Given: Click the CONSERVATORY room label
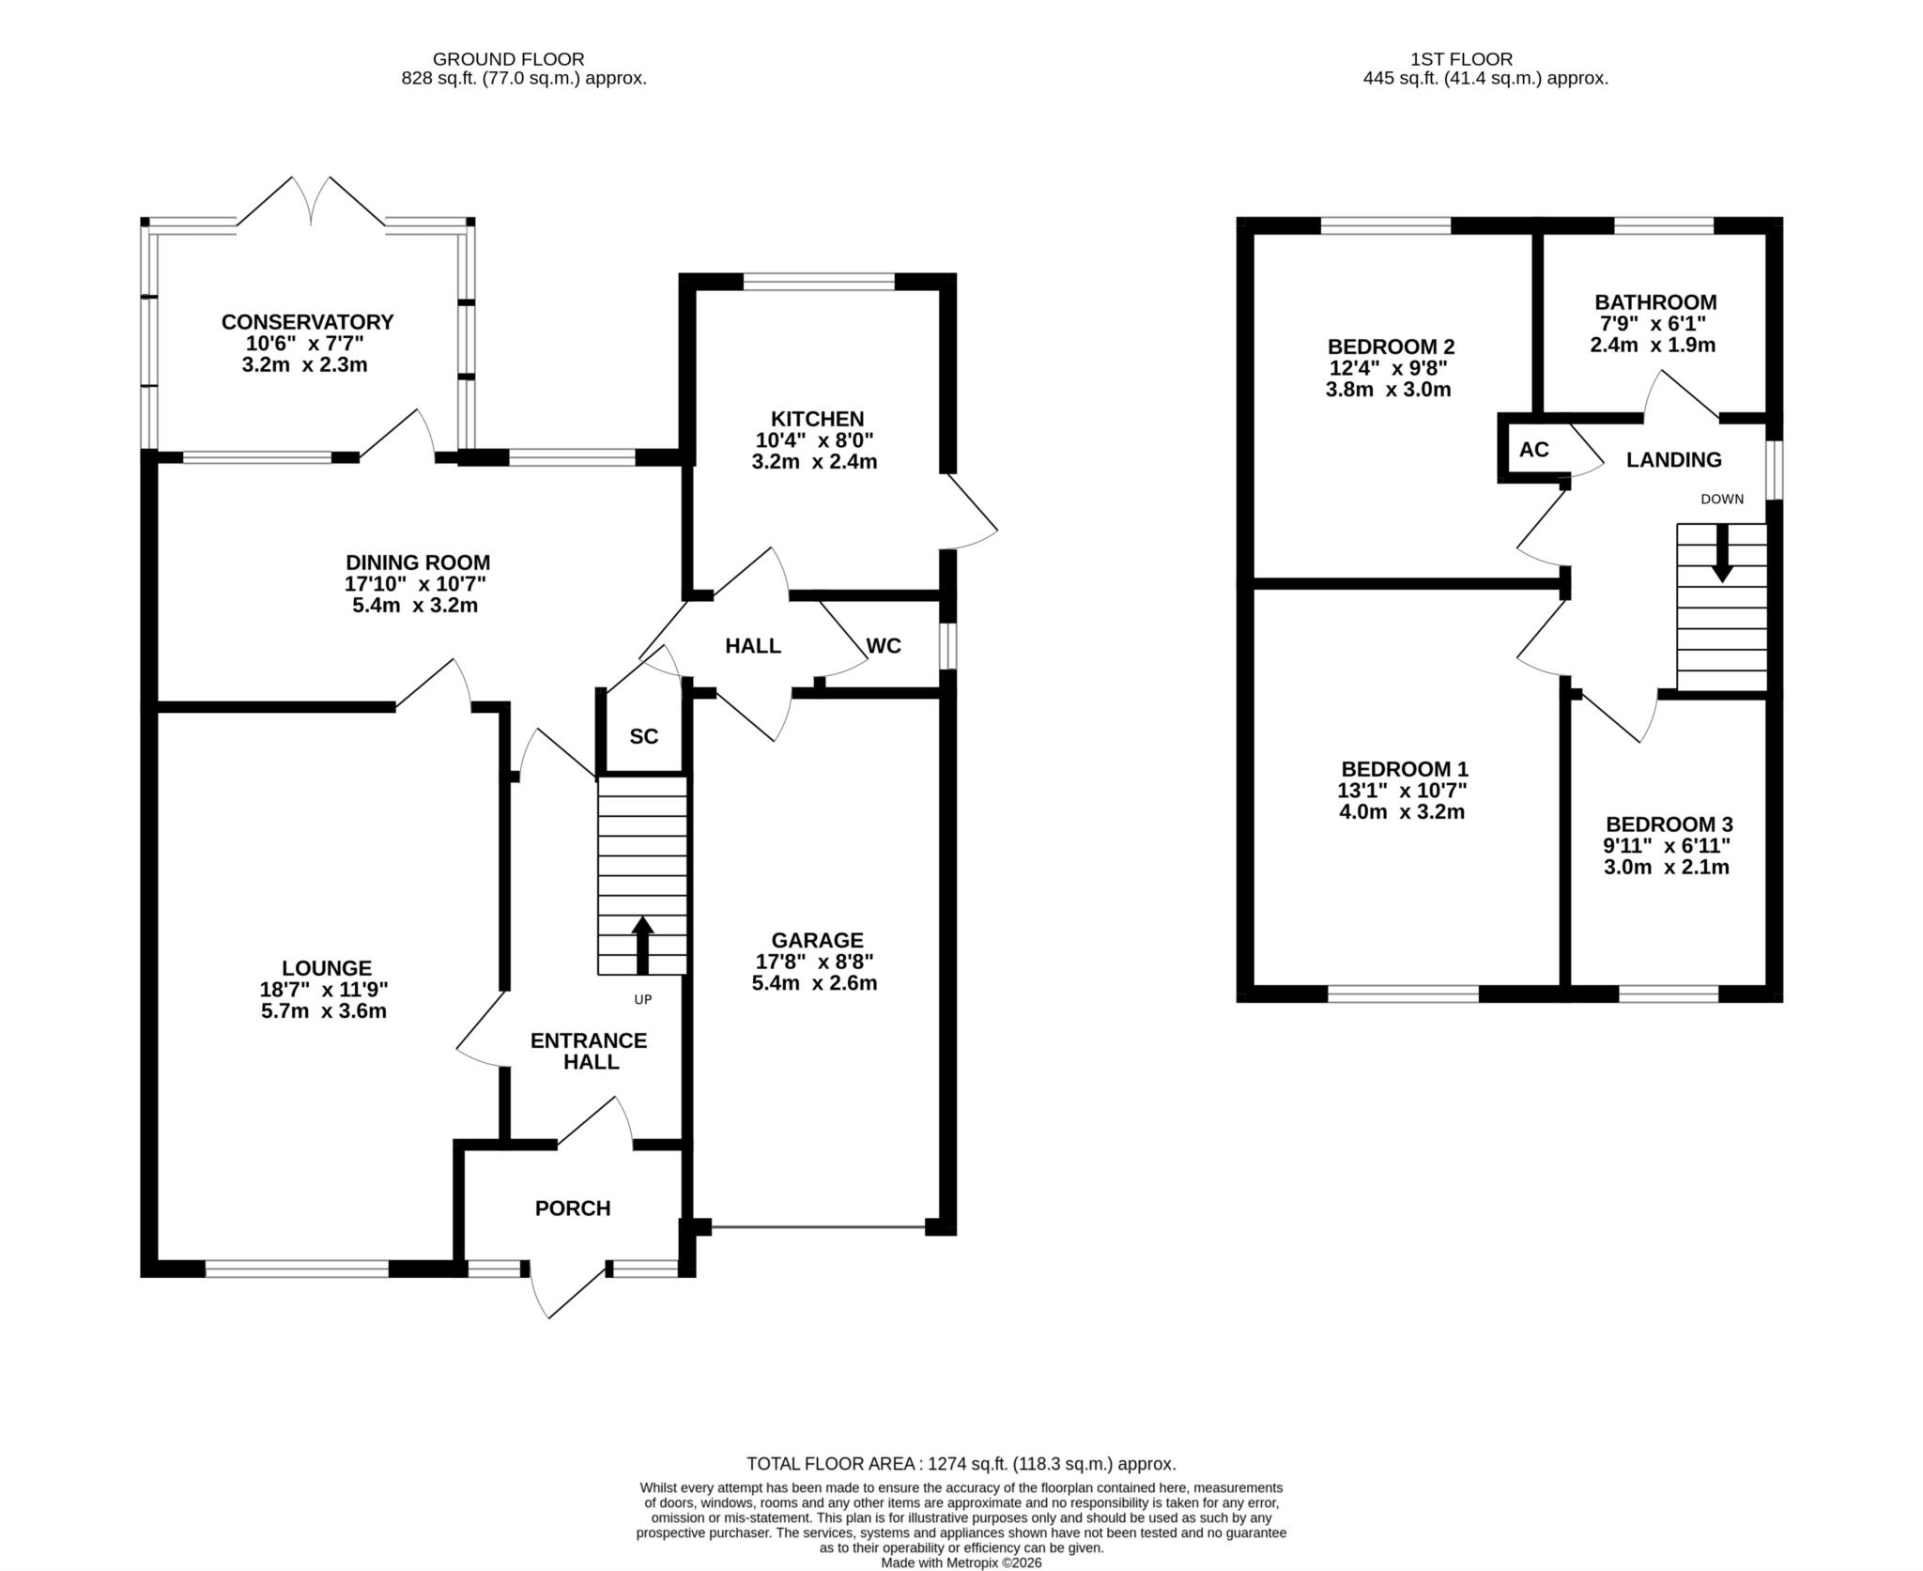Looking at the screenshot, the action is click(x=307, y=322).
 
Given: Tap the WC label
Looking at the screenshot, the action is click(x=884, y=646).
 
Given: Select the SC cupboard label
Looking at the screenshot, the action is click(x=644, y=737).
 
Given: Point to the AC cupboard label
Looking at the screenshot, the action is click(x=1534, y=450).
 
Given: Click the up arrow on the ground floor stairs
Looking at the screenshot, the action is click(x=642, y=946).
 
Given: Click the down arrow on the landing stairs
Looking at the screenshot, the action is click(x=1722, y=552).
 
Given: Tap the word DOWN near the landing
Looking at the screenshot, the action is click(x=1722, y=499).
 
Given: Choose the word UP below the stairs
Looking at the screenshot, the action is click(x=642, y=1000).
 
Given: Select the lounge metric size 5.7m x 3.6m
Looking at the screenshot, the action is click(x=324, y=1011).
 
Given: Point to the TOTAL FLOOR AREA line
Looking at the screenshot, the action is click(x=961, y=1464).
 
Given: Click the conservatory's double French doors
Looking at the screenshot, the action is click(x=310, y=201).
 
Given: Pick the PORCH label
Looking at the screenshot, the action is click(x=573, y=1209).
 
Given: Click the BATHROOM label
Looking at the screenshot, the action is click(x=1655, y=302).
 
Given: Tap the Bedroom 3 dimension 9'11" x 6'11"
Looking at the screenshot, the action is click(x=1667, y=845).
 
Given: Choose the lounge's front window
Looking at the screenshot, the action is click(x=297, y=1269).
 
